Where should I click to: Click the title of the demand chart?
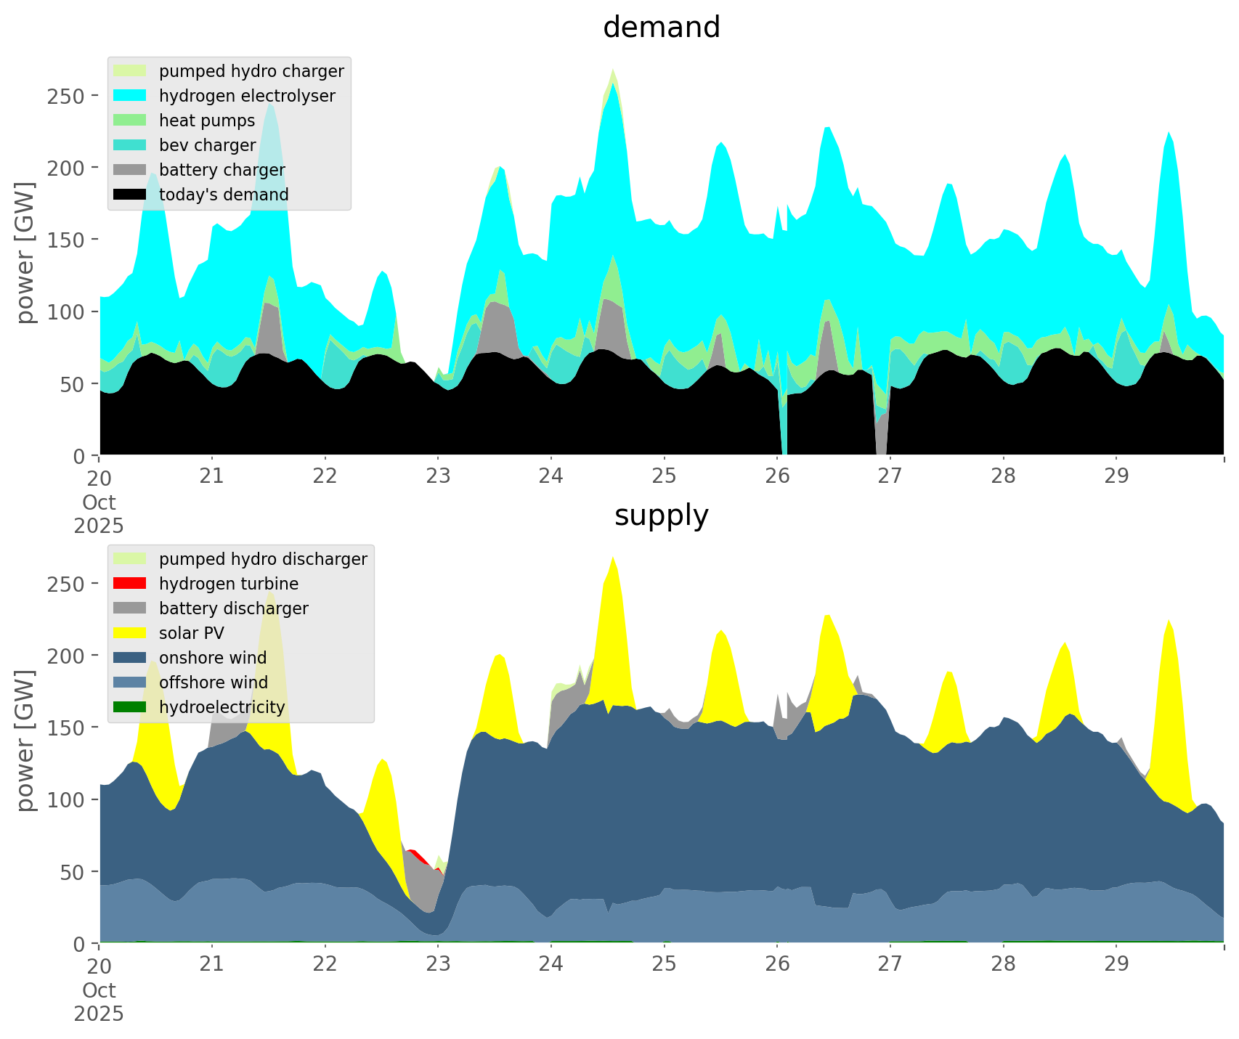661,28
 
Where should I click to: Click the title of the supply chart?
661,516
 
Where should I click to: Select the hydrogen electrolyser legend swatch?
131,96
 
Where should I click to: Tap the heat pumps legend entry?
206,121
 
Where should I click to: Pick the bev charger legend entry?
207,145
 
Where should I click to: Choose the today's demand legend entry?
223,195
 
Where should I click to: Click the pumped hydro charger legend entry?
251,71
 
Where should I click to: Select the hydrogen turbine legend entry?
228,584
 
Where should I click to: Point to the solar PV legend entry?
191,633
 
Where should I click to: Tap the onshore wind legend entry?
212,658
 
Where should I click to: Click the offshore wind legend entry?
213,683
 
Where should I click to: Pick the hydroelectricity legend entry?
222,707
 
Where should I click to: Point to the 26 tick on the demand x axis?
777,476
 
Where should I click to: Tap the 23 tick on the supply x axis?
438,964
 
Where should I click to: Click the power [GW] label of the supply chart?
25,741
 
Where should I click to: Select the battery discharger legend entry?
233,608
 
